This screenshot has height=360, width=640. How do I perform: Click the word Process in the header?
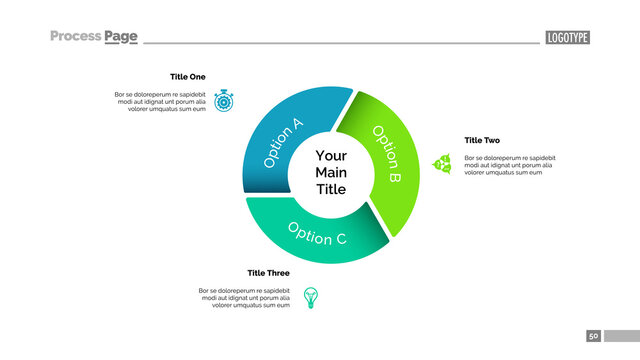75,36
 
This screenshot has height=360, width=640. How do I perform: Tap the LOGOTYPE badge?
567,38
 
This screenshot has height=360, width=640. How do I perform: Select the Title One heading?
187,77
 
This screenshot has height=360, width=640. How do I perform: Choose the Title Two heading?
482,141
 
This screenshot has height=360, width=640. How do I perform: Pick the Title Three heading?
268,273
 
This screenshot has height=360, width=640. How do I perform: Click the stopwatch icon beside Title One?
223,101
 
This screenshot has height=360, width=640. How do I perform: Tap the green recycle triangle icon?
442,163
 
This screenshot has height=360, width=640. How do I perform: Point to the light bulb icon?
310,297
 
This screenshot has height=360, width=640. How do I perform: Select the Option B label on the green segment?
386,153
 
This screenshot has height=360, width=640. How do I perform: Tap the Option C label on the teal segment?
317,233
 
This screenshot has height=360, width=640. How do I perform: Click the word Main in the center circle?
331,173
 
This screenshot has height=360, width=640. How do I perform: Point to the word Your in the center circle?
331,156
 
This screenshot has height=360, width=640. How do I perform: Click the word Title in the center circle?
331,190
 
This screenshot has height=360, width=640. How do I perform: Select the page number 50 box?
593,336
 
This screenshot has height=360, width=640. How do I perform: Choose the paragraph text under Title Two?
510,165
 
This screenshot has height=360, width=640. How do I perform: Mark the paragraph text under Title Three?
245,298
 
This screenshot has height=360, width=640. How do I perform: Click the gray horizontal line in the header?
340,43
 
